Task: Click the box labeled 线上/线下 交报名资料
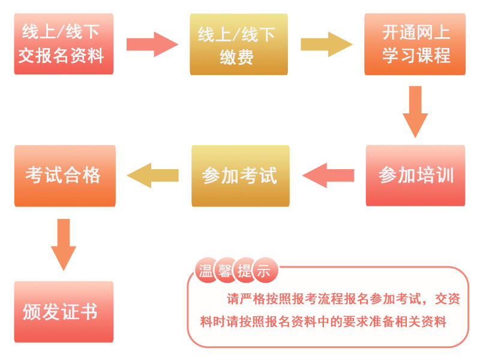[x=64, y=44]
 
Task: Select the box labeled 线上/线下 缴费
[x=239, y=44]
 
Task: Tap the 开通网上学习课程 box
[x=416, y=44]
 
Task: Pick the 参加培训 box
[x=416, y=176]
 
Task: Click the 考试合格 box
[x=64, y=175]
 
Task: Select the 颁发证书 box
[x=64, y=311]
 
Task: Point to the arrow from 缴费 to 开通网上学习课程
[x=326, y=44]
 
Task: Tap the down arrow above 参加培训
[x=415, y=111]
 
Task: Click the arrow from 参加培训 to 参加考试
[x=329, y=175]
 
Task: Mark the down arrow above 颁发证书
[x=64, y=244]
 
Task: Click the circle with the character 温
[x=206, y=271]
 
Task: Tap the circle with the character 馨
[x=224, y=271]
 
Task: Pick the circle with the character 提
[x=244, y=271]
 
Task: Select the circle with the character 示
[x=263, y=271]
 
